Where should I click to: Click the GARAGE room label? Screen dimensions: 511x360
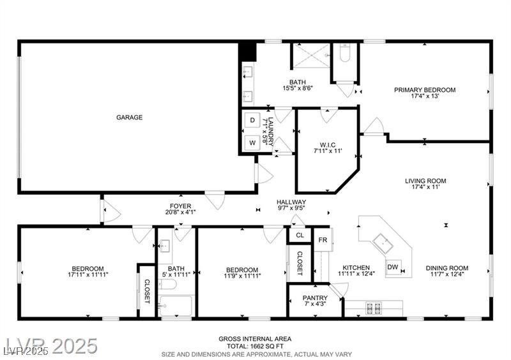pos(130,117)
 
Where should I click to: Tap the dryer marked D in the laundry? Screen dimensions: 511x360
pos(252,120)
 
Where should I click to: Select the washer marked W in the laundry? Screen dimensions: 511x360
pos(252,143)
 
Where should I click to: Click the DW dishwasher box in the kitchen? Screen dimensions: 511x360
pos(393,267)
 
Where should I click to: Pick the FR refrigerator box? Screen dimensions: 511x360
pos(323,240)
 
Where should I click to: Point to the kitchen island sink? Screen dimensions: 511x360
pos(383,243)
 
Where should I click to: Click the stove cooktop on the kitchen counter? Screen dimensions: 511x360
pos(374,308)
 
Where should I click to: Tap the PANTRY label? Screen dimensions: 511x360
pos(315,298)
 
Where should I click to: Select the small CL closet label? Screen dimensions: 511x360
pos(300,235)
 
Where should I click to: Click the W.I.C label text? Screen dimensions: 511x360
pos(328,145)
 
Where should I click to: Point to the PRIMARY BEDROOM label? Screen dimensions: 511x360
pos(425,90)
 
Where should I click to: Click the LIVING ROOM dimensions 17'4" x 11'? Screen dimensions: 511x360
pos(425,187)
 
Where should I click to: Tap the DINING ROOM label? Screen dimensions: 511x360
pos(447,268)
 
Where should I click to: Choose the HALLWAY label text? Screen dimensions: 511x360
pos(291,202)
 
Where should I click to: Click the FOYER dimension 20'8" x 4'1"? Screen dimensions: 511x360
pos(181,212)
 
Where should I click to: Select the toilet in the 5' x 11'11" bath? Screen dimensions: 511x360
pos(167,285)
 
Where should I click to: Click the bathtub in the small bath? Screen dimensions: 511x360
pos(176,306)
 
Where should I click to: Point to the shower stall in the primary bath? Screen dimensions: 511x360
pos(312,56)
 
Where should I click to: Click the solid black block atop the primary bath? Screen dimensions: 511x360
pos(248,52)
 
